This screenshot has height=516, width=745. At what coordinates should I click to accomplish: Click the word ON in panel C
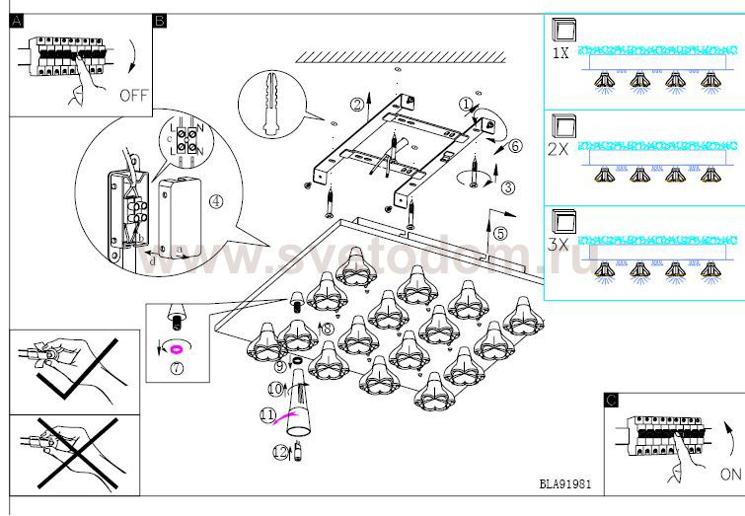730,475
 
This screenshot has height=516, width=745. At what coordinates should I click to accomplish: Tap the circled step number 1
466,104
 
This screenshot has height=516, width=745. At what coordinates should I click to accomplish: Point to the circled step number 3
507,187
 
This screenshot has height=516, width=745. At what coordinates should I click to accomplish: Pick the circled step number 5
500,234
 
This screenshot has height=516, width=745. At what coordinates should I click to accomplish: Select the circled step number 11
265,415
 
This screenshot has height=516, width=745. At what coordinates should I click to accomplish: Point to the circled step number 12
279,452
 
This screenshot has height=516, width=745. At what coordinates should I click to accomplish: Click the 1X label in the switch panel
560,55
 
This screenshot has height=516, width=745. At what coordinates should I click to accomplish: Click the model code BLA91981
566,484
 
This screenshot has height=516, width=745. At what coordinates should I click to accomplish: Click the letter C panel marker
611,400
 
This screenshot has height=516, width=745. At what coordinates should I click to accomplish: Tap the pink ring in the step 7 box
179,348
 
